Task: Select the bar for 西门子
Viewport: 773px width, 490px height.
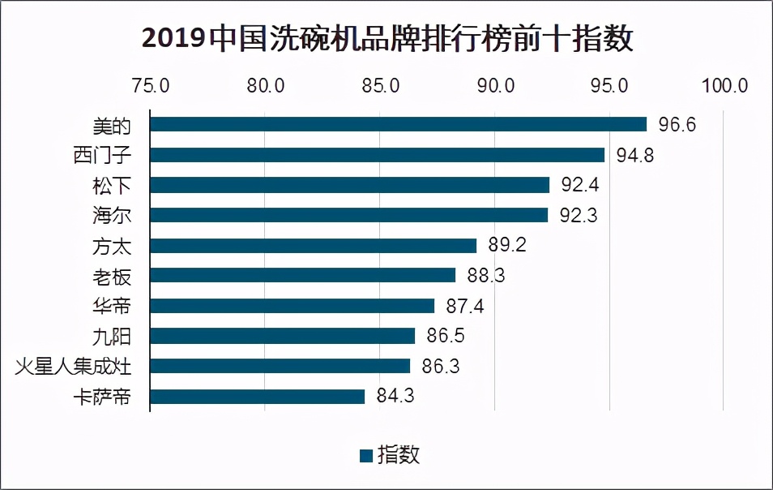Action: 378,155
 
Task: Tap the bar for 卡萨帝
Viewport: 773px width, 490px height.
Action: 258,397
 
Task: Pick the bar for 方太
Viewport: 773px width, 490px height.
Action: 314,246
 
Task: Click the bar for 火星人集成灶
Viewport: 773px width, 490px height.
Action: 280,366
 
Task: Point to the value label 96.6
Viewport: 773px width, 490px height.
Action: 678,125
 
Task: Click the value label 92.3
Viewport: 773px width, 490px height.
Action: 579,216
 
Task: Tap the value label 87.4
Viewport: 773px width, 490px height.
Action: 466,307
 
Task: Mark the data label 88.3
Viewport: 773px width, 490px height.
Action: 486,277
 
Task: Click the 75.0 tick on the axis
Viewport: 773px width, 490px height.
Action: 151,86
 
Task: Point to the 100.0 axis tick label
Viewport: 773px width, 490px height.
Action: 724,86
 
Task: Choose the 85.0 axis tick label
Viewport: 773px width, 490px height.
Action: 380,86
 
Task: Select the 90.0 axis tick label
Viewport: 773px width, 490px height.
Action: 494,86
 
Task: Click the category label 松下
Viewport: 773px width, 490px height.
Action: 112,186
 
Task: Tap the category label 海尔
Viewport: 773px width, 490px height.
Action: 112,216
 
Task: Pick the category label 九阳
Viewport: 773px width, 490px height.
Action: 112,337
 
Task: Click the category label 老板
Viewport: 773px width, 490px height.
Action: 112,277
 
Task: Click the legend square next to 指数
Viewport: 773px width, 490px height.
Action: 365,455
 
